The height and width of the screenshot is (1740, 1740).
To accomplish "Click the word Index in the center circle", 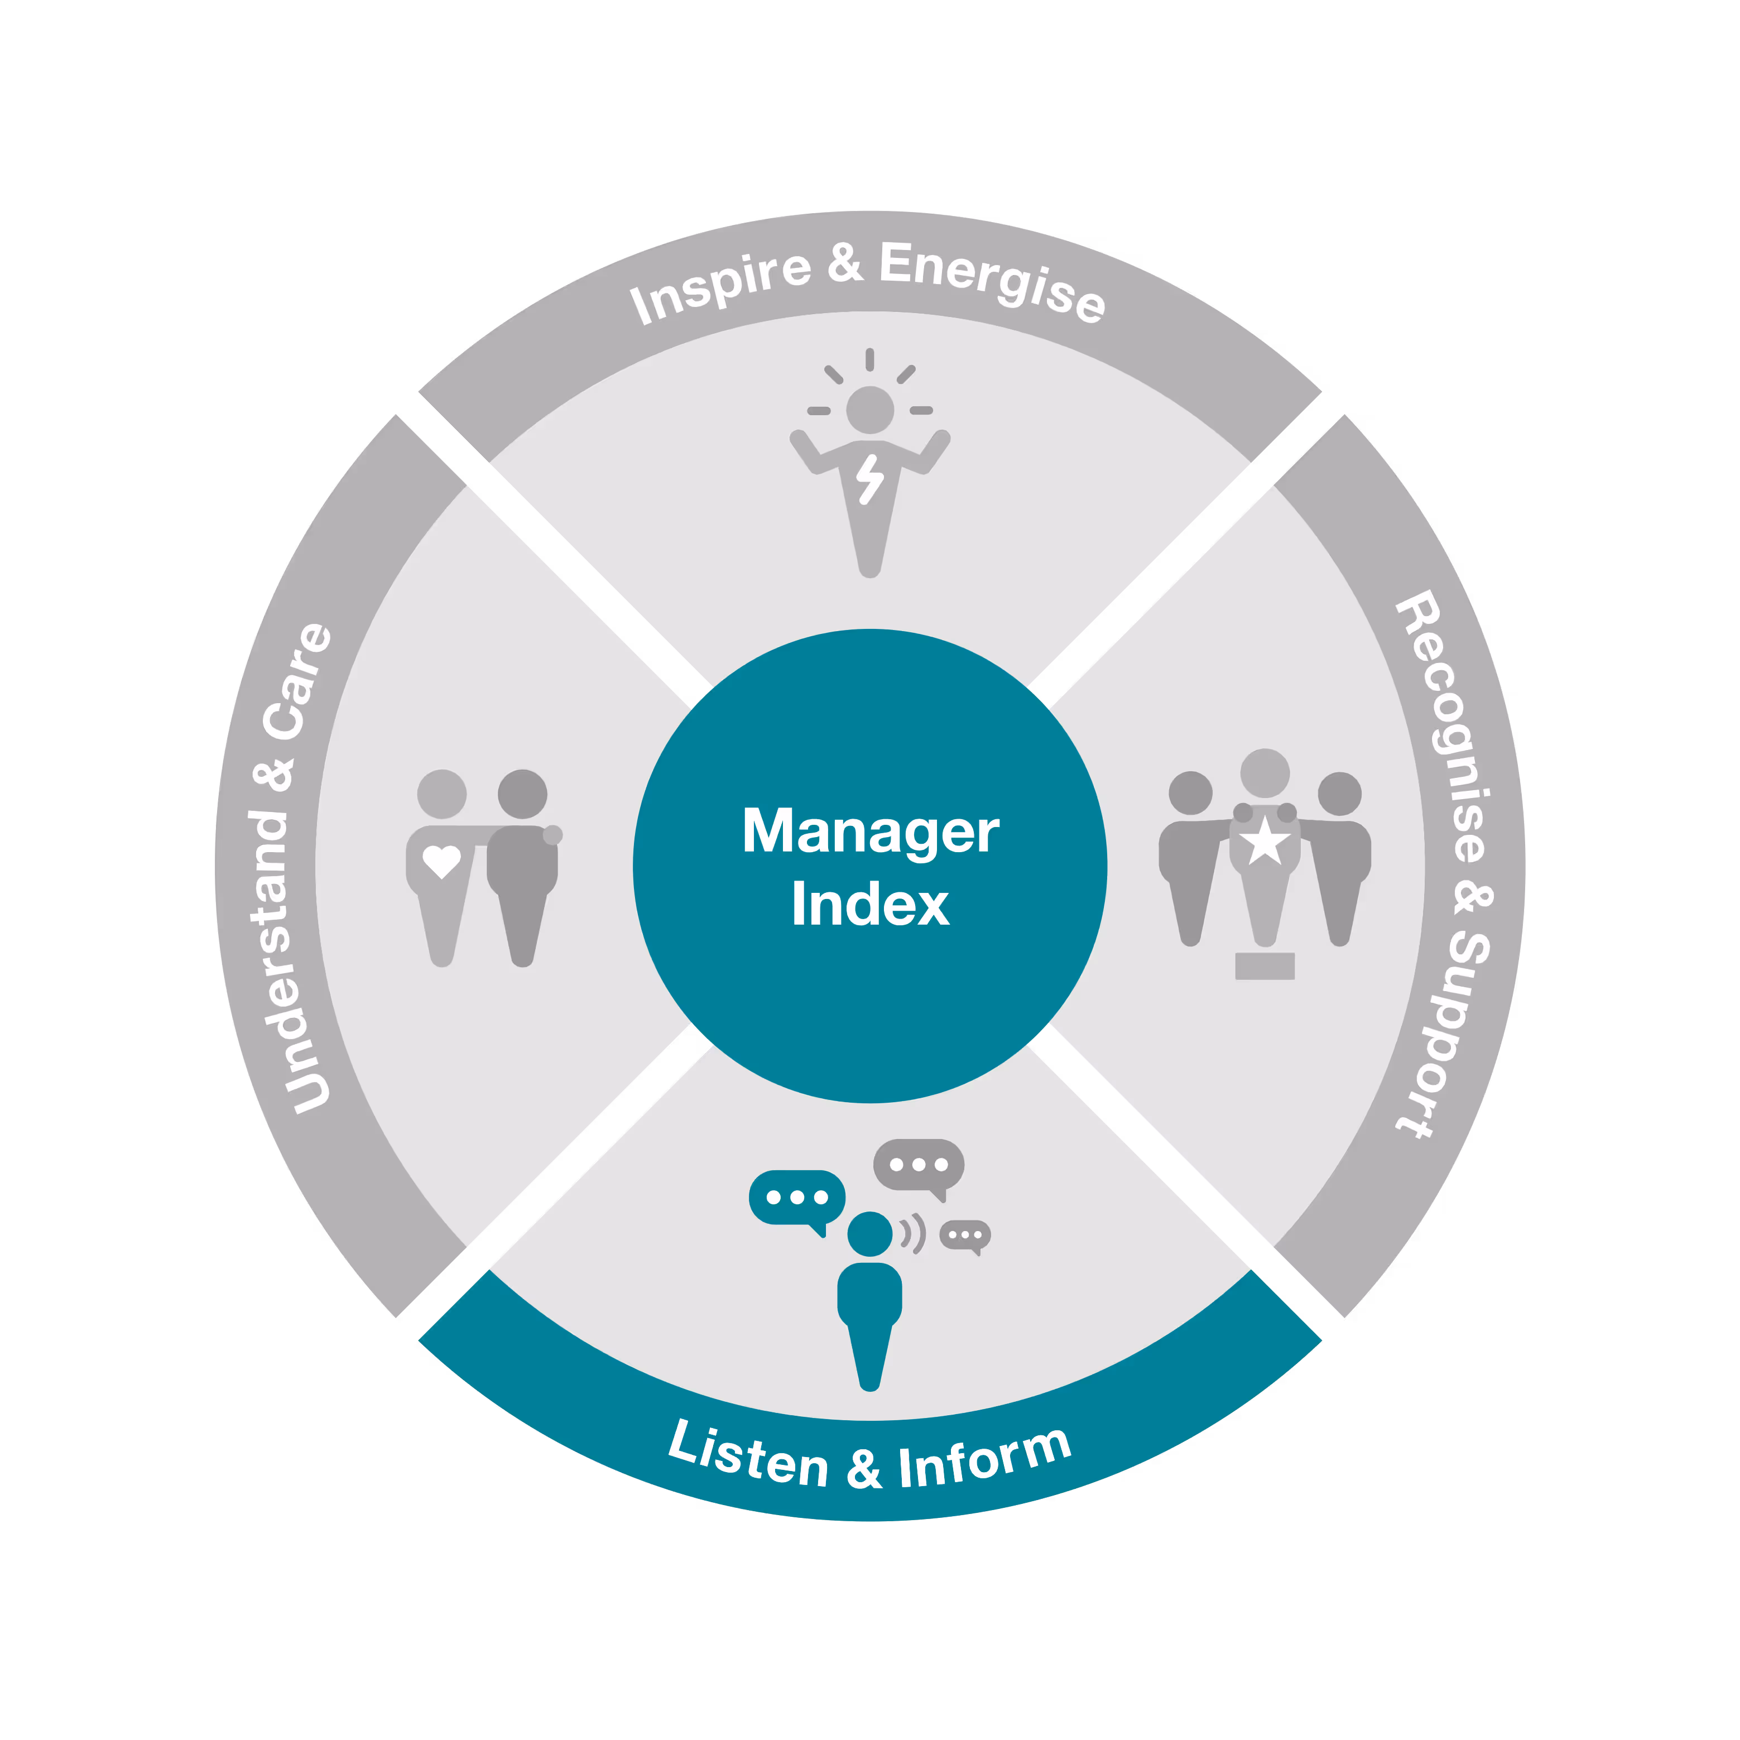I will tap(870, 904).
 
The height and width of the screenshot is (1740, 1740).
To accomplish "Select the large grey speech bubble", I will tap(918, 1165).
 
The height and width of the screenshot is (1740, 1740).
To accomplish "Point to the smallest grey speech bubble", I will tap(964, 1235).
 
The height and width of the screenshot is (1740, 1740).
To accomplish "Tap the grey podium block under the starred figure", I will tap(1265, 965).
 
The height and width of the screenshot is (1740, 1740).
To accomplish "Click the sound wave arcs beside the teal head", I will tap(913, 1234).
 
